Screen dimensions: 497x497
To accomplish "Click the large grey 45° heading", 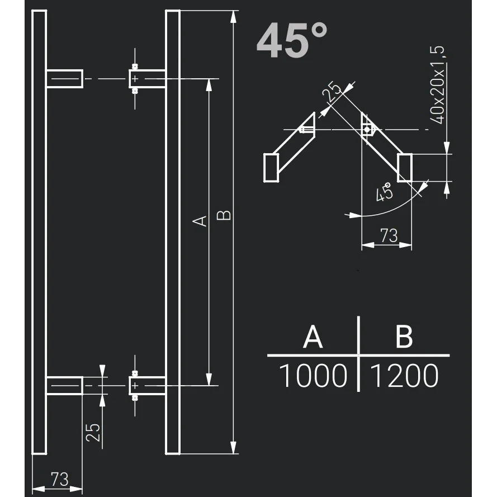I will (x=292, y=41).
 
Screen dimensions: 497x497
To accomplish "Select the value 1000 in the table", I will (x=313, y=376).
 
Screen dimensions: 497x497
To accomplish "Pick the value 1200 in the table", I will (x=404, y=376).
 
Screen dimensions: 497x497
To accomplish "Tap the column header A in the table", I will (x=313, y=337).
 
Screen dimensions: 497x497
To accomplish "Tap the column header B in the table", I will (x=403, y=337).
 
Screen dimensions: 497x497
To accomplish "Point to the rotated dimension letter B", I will (x=224, y=215).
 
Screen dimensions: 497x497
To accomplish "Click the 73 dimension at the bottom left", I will (x=59, y=479).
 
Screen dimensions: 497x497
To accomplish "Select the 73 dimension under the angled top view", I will (x=389, y=235).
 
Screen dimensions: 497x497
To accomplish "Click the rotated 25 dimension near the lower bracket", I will (x=94, y=432).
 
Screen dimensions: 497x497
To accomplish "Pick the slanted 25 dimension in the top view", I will (x=334, y=92).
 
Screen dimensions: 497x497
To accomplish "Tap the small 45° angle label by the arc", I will (x=384, y=192).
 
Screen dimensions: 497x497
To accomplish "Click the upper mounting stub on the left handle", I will (x=64, y=79).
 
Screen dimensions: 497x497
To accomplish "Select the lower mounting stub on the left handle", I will (x=64, y=386).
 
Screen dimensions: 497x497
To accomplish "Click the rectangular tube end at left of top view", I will (x=271, y=168).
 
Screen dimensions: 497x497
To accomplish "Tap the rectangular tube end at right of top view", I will (x=405, y=167).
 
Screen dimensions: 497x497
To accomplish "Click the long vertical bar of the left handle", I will (x=39, y=232).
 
